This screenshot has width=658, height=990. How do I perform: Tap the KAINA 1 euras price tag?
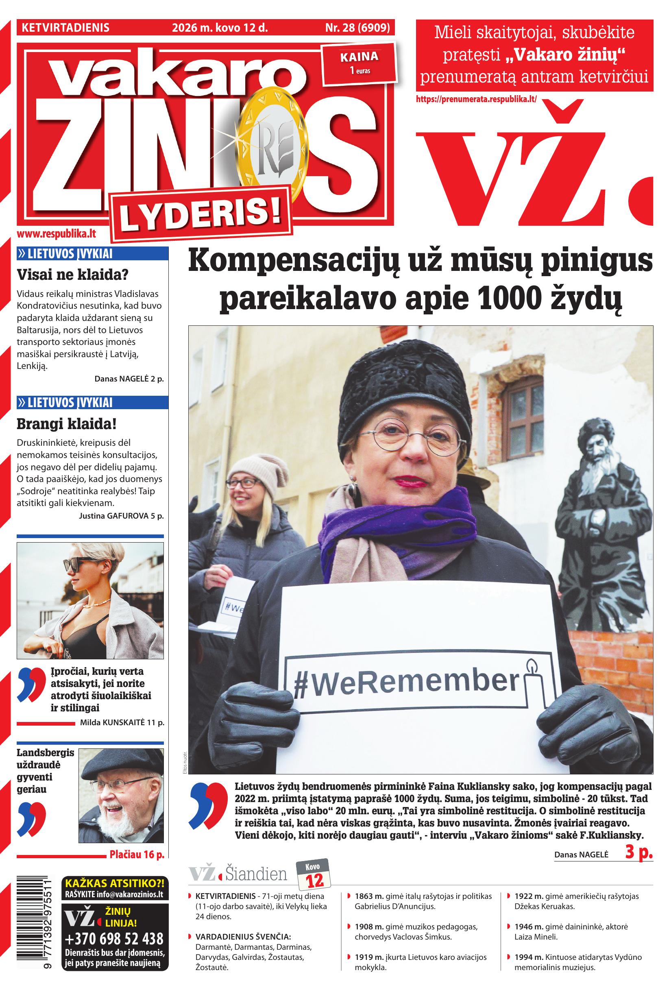pos(359,63)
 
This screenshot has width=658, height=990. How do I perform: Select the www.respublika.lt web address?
pos(56,234)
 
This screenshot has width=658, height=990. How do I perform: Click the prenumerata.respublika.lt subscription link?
pos(476,100)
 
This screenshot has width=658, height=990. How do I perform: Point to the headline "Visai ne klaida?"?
pos(72,275)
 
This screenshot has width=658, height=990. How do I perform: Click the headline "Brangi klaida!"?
pos(66,424)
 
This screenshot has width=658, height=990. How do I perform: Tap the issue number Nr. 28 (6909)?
pos(357,28)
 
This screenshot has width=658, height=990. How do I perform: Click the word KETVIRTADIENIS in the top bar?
pos(65,28)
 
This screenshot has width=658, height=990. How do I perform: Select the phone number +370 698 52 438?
pos(114,938)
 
